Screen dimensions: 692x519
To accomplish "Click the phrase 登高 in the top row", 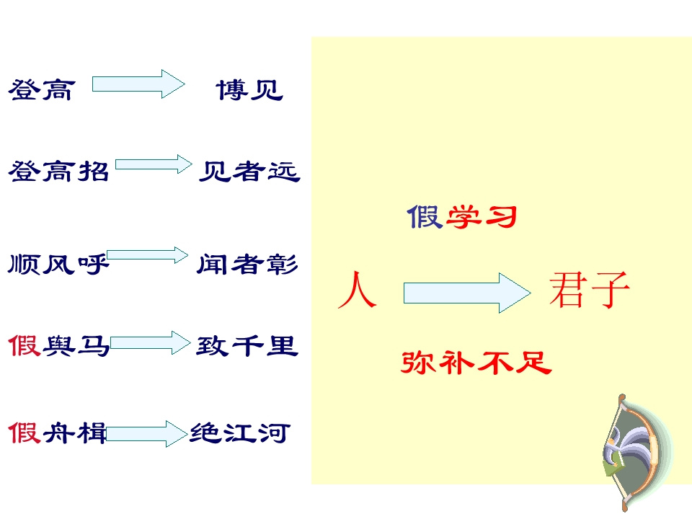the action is (x=42, y=90).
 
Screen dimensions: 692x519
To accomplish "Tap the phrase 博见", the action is (x=249, y=90).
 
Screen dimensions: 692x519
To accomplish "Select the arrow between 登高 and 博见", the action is (x=138, y=84).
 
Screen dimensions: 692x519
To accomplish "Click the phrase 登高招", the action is (x=58, y=172).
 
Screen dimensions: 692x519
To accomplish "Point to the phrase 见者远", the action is (x=249, y=172).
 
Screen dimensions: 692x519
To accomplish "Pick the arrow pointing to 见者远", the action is (x=154, y=164).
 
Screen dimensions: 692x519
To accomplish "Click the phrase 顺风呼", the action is (x=58, y=264).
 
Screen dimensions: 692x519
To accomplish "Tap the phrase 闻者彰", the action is (x=247, y=264).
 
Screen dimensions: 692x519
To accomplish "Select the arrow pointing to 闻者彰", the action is (x=147, y=255).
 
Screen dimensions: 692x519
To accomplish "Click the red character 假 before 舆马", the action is (x=25, y=345).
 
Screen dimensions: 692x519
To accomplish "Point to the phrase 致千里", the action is (x=247, y=345).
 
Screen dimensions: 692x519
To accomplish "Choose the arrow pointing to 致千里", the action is (x=151, y=343).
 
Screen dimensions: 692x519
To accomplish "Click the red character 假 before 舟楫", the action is (x=25, y=432).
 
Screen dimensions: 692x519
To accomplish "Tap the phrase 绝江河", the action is (x=240, y=432).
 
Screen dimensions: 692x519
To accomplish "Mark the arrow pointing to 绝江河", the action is (x=147, y=434).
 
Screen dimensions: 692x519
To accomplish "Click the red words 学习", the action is (x=482, y=217).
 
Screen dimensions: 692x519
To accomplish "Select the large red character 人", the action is (x=357, y=290).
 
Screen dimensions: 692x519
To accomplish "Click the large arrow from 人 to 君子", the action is (x=467, y=293).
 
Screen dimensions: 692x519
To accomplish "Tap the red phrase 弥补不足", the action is (x=476, y=363).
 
